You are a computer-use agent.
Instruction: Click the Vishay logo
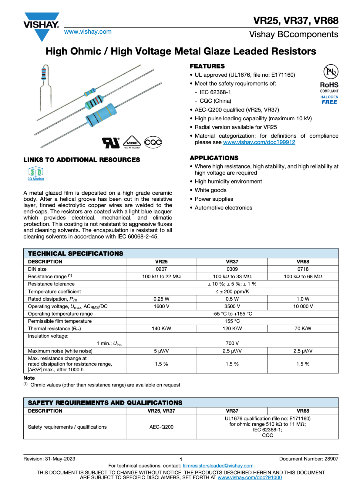coord(42,26)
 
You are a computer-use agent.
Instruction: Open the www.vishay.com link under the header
coord(88,32)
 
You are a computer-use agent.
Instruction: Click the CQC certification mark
coord(153,142)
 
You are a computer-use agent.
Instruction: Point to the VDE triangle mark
coord(132,142)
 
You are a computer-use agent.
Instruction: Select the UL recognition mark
coord(111,142)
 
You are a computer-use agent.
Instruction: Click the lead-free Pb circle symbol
coord(331,72)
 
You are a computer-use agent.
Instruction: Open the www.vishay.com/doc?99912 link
coord(259,142)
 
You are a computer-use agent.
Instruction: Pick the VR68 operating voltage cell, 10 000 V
coord(303,306)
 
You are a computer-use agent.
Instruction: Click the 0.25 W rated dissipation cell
coord(161,299)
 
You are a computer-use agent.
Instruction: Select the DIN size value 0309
coord(232,269)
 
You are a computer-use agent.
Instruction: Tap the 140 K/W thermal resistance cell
coord(161,329)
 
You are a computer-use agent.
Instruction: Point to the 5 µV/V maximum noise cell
coord(161,351)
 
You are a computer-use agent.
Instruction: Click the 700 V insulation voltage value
coord(232,343)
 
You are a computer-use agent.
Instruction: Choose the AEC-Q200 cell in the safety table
coord(161,427)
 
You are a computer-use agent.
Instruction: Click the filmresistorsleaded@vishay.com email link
coord(218,466)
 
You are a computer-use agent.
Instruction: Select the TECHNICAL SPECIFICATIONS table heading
coord(76,254)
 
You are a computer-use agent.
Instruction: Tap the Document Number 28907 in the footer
coord(308,459)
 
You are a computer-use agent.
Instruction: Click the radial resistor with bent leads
coord(44,86)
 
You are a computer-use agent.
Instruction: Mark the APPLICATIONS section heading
coord(214,158)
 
